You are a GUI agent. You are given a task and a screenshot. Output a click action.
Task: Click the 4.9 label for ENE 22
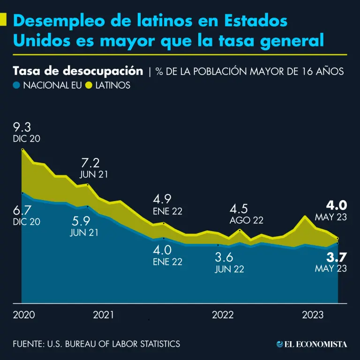pyautogui.click(x=162, y=199)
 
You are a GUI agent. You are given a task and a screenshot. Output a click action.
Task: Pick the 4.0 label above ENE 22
pyautogui.click(x=162, y=250)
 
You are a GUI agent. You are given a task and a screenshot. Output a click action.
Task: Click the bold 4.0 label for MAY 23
pyautogui.click(x=337, y=205)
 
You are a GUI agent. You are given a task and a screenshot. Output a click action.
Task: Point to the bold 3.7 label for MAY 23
pyautogui.click(x=337, y=257)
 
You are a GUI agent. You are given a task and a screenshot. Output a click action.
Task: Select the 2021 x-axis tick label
pyautogui.click(x=103, y=315)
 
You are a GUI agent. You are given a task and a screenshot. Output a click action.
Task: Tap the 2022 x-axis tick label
pyautogui.click(x=223, y=315)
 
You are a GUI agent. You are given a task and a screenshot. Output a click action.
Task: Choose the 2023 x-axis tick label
pyautogui.click(x=313, y=315)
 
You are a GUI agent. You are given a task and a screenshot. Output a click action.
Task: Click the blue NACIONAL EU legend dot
pyautogui.click(x=16, y=85)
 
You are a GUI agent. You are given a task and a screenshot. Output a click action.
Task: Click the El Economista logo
pyautogui.click(x=312, y=344)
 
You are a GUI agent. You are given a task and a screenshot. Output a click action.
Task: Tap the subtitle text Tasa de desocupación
pyautogui.click(x=78, y=71)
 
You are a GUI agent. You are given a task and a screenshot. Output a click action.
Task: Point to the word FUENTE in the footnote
pyautogui.click(x=28, y=344)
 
